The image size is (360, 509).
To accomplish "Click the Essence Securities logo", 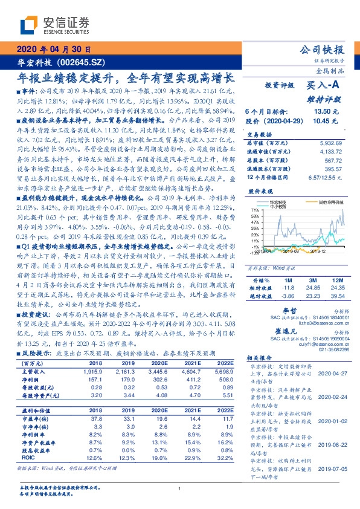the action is pos(55,25).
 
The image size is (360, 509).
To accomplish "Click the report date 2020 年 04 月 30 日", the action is pos(55,49).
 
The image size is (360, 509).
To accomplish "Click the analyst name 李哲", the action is pos(282,309).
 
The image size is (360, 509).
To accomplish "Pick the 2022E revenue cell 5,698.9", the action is pos(222,369).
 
